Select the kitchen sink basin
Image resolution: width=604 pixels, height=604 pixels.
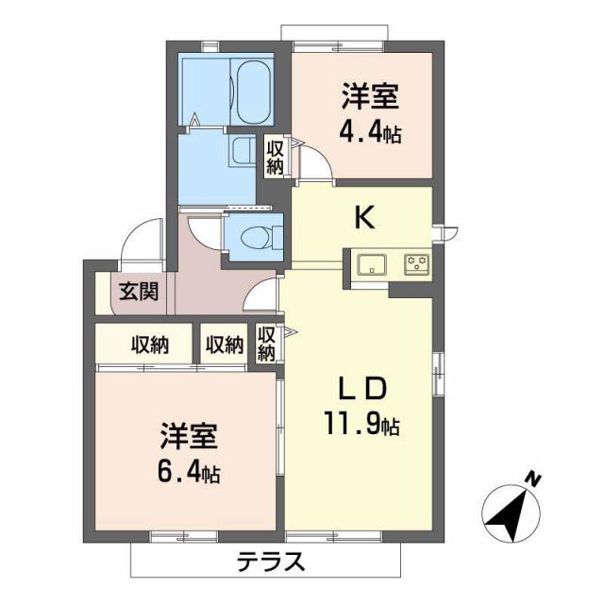coord(371,263)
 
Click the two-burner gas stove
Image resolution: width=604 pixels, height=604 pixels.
coord(416,263)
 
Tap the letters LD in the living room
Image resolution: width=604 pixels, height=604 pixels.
coord(363,389)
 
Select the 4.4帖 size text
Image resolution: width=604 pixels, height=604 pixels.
coord(370,133)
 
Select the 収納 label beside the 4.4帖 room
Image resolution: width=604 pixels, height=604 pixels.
coord(275,157)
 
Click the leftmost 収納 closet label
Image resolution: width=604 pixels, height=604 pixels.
coord(150,344)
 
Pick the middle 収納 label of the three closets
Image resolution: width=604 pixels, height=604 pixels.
coord(224,344)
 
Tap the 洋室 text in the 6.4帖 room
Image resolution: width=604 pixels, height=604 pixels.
coord(189,437)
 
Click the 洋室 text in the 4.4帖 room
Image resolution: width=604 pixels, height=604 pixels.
coord(370,96)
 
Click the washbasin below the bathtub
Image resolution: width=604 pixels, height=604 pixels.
coord(242,151)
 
